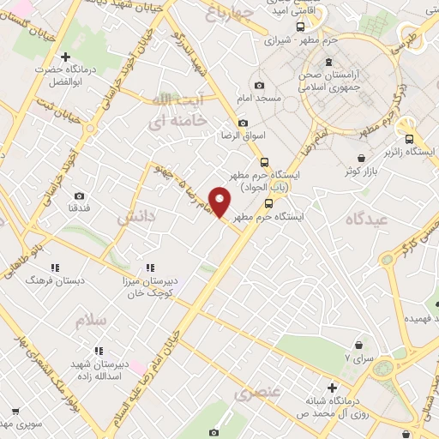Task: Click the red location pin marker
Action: [x=220, y=202]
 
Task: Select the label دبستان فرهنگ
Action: [x=51, y=280]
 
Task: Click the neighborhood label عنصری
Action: [x=252, y=393]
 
